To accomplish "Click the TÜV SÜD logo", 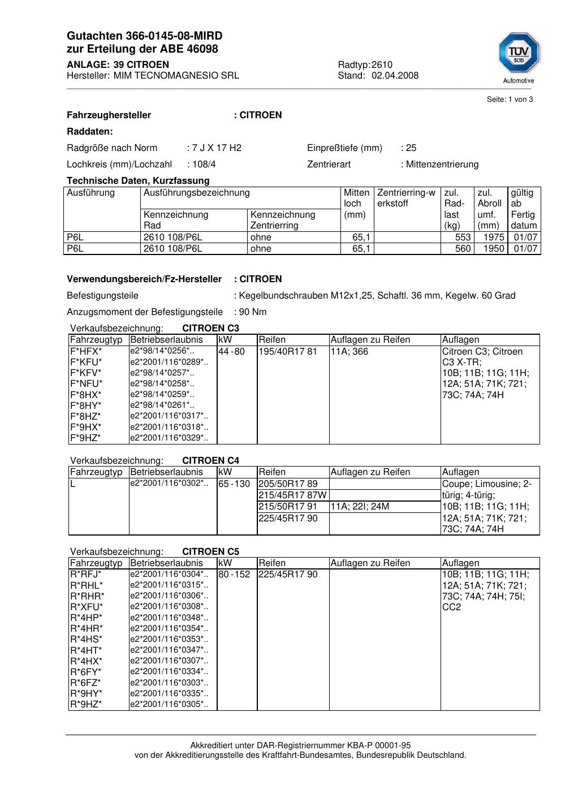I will [x=519, y=54].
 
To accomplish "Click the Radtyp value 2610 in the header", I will [x=382, y=64].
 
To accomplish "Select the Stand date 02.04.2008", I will [x=395, y=75].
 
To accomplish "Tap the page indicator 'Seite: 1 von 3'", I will [x=510, y=100].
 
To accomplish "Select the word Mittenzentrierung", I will [x=442, y=165].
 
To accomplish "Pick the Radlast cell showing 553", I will [x=463, y=238].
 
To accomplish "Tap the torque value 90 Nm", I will [x=253, y=312].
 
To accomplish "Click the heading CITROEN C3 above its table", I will [x=210, y=329].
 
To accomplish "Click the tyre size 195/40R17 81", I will [x=288, y=352].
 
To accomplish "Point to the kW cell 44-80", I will [x=231, y=352].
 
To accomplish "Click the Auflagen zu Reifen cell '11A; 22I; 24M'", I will [x=360, y=507].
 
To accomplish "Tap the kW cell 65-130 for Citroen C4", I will [x=234, y=484].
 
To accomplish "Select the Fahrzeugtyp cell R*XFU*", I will [x=87, y=607].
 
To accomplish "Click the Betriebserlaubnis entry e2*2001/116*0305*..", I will [x=169, y=704].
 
